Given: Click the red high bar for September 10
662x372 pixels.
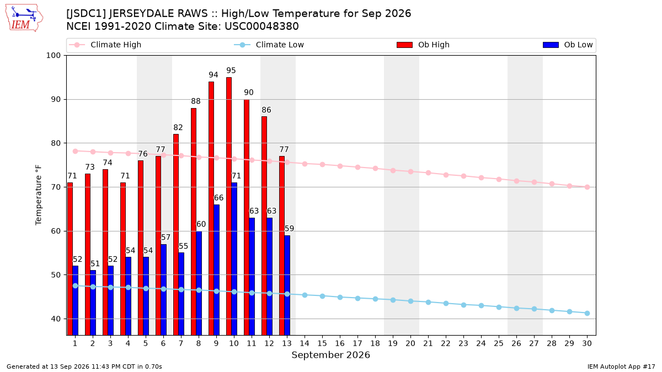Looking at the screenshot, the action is click(229, 206).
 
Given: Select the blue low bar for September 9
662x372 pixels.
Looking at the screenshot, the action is click(216, 270).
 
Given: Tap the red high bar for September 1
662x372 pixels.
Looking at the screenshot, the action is click(70, 259).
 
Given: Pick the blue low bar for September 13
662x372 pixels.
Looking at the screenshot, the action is click(287, 285).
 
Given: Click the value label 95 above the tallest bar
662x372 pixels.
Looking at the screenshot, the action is click(231, 71).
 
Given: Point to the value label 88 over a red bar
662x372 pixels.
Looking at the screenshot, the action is click(196, 101).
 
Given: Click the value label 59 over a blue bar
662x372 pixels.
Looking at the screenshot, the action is click(289, 229).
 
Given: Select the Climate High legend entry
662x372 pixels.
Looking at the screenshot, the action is click(105, 45).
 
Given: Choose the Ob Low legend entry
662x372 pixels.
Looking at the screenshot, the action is click(568, 45).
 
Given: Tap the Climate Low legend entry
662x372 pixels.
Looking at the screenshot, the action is click(269, 45).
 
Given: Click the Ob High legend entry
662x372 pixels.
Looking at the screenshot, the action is click(423, 45).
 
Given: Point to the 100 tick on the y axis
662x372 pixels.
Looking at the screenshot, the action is click(53, 56).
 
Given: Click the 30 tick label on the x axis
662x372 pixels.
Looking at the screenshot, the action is click(587, 343).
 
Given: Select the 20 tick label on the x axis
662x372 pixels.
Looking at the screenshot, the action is click(410, 343).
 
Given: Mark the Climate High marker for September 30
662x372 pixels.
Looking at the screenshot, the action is click(587, 187).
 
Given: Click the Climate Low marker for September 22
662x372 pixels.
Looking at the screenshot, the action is click(446, 304).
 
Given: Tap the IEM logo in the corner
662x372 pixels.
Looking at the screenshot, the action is click(24, 18).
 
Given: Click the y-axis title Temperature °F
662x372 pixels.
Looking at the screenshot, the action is click(39, 195).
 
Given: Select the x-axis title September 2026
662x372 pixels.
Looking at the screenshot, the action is click(330, 355).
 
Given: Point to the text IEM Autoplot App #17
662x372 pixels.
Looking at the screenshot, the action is click(621, 366).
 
